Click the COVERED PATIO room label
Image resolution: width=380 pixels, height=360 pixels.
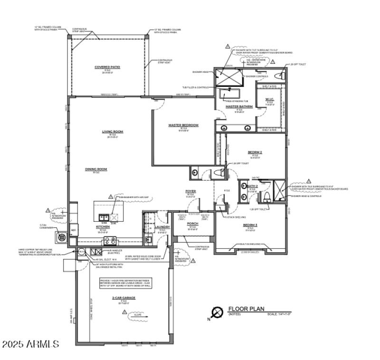pyautogui.click(x=107, y=67)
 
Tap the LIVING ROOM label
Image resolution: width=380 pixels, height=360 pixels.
pyautogui.click(x=113, y=132)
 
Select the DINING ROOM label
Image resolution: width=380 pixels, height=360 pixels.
pyautogui.click(x=96, y=169)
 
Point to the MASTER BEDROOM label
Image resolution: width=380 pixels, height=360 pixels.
pyautogui.click(x=183, y=125)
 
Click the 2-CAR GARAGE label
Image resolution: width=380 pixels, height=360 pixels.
pyautogui.click(x=123, y=298)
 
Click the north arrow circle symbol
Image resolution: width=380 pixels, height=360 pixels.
pyautogui.click(x=218, y=312)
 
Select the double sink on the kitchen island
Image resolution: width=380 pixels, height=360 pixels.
pyautogui.click(x=104, y=218)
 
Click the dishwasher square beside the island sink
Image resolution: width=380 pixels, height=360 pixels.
pyautogui.click(x=114, y=218)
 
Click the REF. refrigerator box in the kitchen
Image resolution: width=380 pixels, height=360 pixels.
pyautogui.click(x=73, y=230)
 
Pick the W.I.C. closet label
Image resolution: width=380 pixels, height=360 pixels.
pyautogui.click(x=269, y=100)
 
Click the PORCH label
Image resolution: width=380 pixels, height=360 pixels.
pyautogui.click(x=192, y=223)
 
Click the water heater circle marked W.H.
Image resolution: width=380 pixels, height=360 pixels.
pyautogui.click(x=81, y=252)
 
